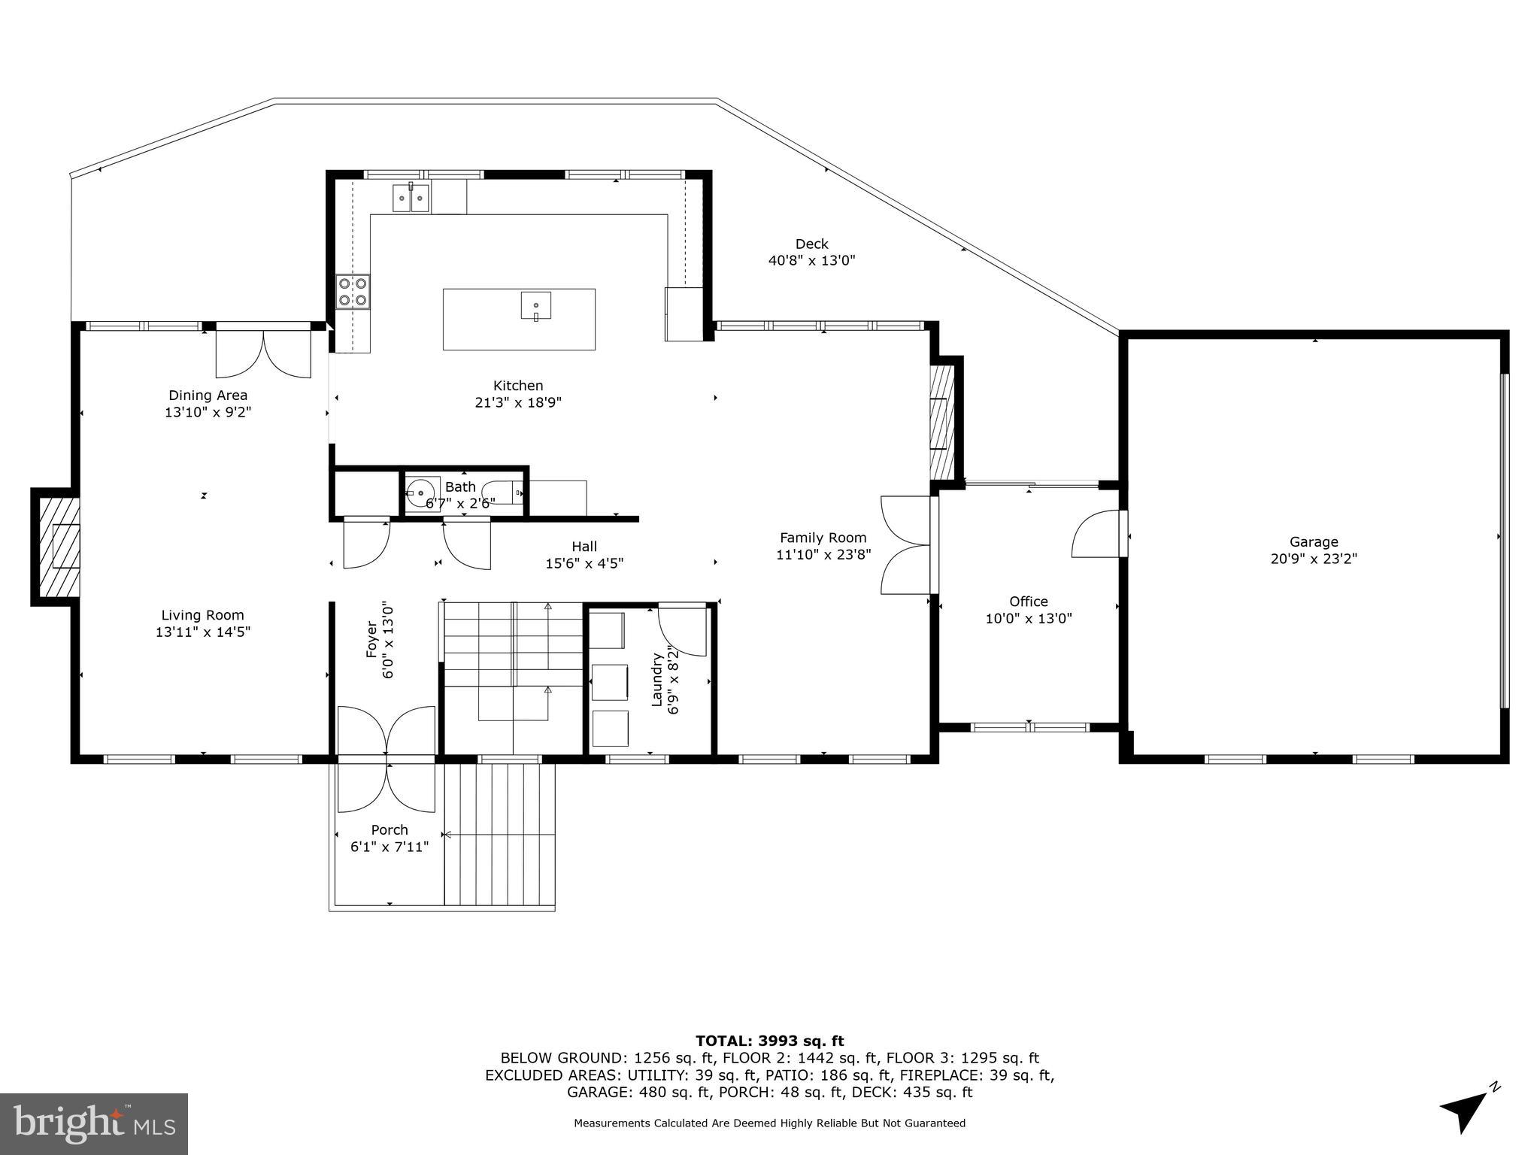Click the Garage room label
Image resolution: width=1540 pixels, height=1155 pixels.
coord(1314,541)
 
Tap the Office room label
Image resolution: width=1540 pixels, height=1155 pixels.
coord(1029,602)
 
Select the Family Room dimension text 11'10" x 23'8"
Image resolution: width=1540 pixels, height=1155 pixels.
coord(823,555)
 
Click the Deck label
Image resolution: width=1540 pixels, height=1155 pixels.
coord(812,244)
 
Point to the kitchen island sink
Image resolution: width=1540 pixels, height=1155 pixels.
coord(535,306)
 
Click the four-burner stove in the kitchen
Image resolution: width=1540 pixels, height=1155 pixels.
coord(353,292)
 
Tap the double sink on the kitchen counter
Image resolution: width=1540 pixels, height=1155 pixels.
coord(411,198)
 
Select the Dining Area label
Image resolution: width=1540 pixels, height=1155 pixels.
coord(208,396)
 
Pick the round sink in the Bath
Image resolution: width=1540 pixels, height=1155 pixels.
coord(422,493)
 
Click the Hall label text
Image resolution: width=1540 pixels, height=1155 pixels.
coord(584,547)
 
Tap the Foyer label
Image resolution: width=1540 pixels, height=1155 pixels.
coord(371,639)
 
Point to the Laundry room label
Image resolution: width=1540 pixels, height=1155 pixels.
coord(656,679)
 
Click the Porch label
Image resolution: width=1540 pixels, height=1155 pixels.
coord(390,829)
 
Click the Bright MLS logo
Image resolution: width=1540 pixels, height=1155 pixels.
coord(94,1124)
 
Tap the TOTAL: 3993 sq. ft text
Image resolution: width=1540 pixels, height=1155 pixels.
coord(770,1041)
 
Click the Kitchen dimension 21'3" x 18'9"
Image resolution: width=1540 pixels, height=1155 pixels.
coord(518,402)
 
